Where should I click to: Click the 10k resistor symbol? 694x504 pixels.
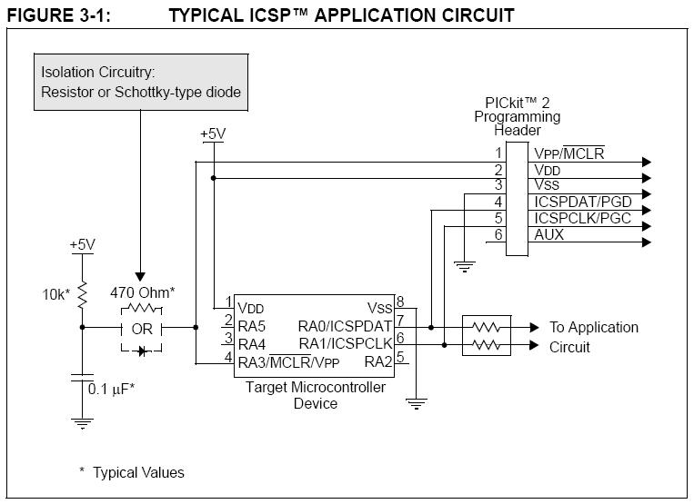(82, 294)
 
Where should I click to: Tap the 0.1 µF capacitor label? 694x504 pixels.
(111, 390)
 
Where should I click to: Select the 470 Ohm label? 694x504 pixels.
(143, 292)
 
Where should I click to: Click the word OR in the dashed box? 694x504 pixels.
(142, 329)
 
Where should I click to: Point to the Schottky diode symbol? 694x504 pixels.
(142, 351)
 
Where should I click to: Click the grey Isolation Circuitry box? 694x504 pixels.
(141, 82)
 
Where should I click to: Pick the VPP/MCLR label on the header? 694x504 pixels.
(568, 153)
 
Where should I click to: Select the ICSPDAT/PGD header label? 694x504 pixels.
(582, 202)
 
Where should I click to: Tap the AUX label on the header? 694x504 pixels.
(548, 234)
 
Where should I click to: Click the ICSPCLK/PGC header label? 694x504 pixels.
(582, 218)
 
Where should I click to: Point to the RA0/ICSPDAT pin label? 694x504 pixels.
(345, 326)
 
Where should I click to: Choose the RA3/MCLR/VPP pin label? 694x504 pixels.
(288, 362)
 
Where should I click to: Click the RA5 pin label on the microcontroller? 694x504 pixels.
(251, 326)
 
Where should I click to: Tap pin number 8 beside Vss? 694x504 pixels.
(400, 302)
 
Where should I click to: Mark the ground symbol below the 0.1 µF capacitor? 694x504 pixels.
(82, 422)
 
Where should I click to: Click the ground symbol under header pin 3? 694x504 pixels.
(464, 267)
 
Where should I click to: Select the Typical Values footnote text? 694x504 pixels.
(132, 472)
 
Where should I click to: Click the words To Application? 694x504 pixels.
(594, 327)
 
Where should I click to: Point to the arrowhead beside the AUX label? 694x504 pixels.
(647, 242)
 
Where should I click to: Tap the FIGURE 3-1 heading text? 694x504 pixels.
(59, 15)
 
